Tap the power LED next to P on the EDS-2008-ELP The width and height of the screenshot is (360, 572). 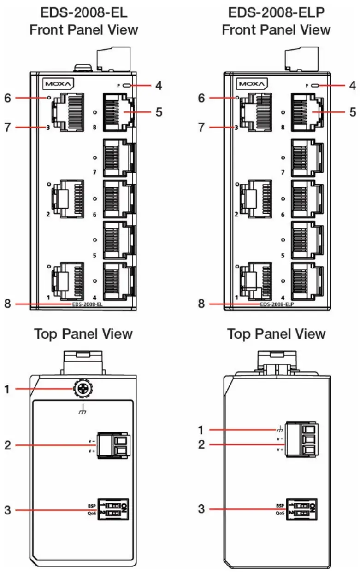316,85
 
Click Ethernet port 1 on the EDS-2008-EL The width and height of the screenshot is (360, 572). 68,280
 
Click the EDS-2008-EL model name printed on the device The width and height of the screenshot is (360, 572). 87,304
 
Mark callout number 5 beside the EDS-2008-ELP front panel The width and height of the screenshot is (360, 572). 352,111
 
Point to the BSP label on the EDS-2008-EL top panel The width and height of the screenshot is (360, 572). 92,506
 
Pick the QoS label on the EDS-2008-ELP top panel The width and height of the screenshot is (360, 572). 280,513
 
